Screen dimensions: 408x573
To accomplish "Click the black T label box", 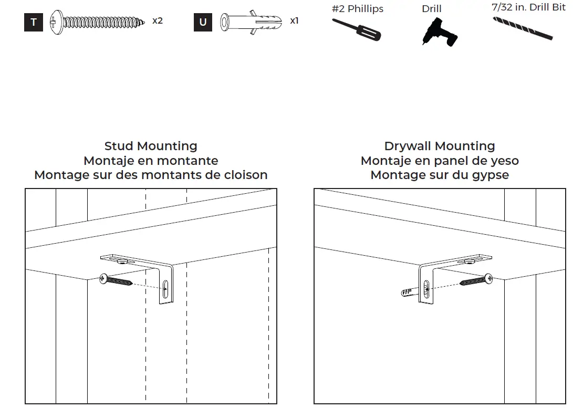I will point(33,23).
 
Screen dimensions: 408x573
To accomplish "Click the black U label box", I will point(203,23).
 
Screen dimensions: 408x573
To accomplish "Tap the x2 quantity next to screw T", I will point(158,21).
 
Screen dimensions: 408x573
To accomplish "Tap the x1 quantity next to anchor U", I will point(294,21).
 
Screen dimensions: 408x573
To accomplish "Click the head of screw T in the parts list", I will point(56,23).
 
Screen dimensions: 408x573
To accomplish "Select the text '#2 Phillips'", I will point(357,9).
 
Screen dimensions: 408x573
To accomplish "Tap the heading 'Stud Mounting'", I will point(151,146).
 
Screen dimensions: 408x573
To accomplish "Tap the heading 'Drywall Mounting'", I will point(440,146).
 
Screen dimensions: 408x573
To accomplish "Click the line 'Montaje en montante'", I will point(151,161).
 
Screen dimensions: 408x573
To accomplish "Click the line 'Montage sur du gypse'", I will point(440,175).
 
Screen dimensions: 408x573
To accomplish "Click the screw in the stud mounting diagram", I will point(116,280).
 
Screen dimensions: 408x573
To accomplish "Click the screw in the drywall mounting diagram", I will point(476,280).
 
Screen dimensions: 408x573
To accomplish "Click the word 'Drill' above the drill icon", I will point(431,9).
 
